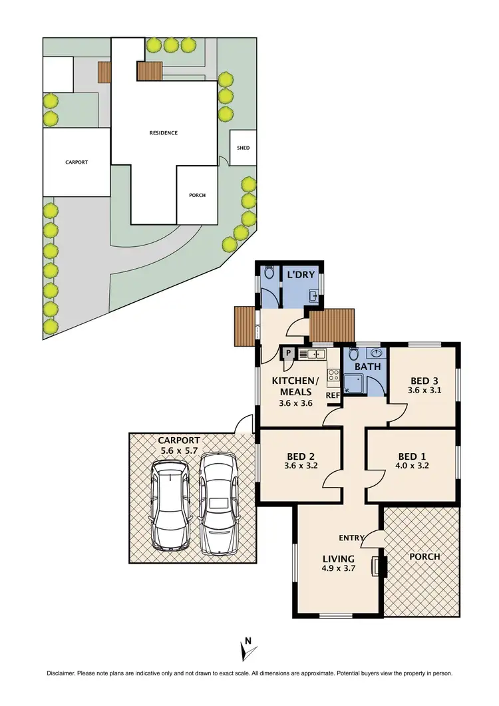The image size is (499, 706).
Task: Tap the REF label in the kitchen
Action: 332,395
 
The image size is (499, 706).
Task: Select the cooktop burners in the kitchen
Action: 333,375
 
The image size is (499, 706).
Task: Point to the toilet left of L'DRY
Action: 269,273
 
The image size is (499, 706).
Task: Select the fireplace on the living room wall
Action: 380,566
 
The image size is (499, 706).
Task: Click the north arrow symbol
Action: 247,649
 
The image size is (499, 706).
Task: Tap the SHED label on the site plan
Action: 243,148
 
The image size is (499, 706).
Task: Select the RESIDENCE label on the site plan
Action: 163,133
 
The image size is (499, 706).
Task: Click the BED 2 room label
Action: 300,456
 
